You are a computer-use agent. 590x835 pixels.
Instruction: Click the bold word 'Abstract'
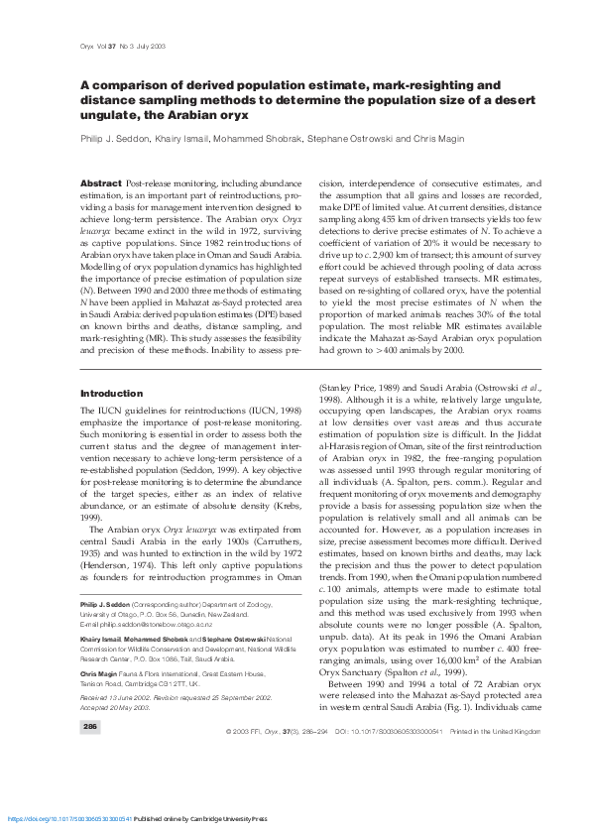coord(100,184)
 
